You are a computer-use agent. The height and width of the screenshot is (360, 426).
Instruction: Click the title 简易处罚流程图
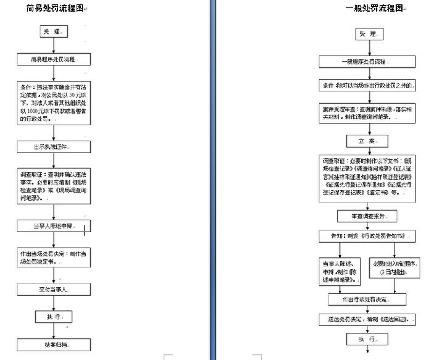pyautogui.click(x=55, y=9)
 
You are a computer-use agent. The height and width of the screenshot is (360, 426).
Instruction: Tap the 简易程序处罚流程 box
pyautogui.click(x=54, y=60)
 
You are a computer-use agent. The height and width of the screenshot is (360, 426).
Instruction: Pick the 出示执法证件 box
pyautogui.click(x=54, y=146)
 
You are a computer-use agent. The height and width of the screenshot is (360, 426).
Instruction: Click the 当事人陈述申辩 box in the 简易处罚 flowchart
pyautogui.click(x=54, y=226)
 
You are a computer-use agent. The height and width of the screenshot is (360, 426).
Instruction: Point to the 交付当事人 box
pyautogui.click(x=54, y=288)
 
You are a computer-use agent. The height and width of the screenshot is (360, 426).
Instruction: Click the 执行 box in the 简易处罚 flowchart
pyautogui.click(x=54, y=316)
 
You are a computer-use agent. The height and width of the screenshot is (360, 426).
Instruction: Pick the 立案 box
pyautogui.click(x=368, y=141)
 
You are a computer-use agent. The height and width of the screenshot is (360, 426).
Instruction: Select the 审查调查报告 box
pyautogui.click(x=367, y=216)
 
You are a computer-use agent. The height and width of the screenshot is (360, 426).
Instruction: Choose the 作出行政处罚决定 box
pyautogui.click(x=367, y=299)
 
